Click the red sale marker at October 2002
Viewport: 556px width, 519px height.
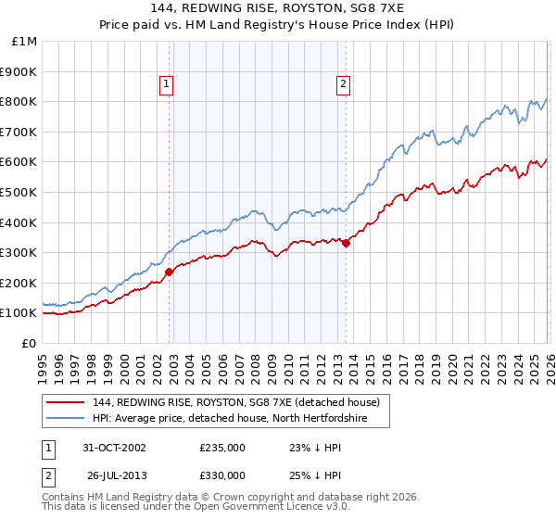tap(170, 272)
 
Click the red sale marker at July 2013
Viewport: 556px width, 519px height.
tap(346, 244)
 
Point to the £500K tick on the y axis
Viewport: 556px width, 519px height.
tap(19, 192)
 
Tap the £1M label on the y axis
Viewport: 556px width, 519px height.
tap(24, 41)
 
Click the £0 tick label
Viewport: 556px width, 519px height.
tap(29, 343)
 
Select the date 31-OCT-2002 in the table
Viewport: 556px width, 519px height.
tap(114, 447)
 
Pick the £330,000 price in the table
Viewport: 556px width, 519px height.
tap(222, 475)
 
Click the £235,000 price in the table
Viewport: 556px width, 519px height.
tap(222, 447)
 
